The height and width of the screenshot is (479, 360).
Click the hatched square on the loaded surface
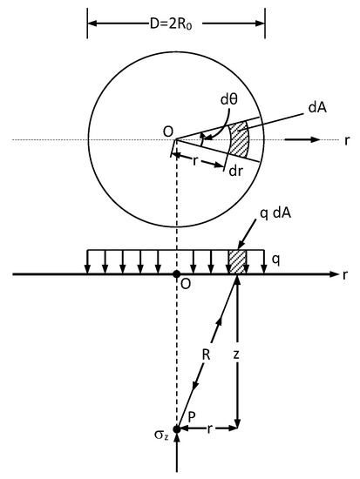click(x=237, y=260)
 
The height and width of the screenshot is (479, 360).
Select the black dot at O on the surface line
click(x=176, y=274)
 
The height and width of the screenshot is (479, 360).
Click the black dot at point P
click(x=176, y=429)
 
